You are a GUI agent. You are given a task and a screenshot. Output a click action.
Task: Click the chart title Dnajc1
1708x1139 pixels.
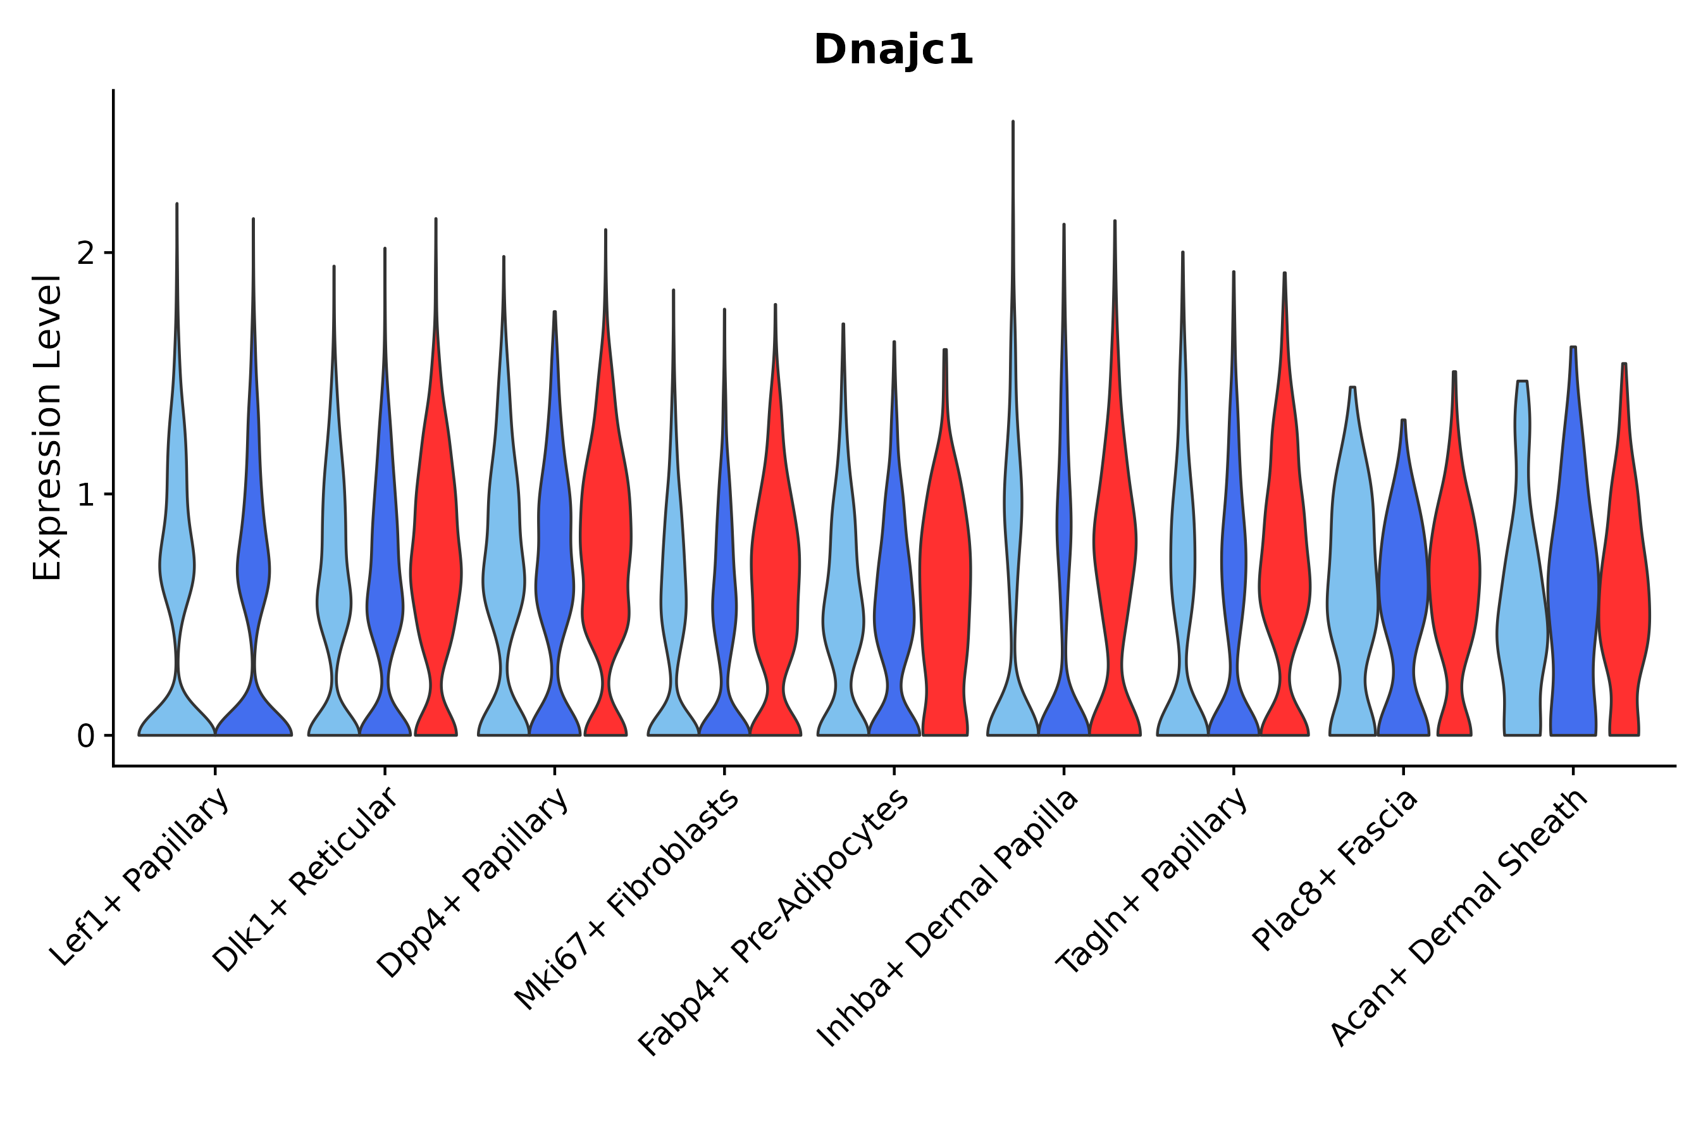(893, 50)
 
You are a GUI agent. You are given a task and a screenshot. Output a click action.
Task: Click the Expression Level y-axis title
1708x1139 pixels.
(47, 428)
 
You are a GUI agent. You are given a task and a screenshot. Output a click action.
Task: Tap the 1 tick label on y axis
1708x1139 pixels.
(85, 495)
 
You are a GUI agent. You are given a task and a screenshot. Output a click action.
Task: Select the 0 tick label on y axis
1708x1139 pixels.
(85, 737)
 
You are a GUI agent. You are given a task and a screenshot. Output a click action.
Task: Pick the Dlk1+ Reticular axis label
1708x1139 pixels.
(305, 880)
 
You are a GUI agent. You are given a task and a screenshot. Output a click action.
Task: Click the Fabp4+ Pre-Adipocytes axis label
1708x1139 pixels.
(774, 923)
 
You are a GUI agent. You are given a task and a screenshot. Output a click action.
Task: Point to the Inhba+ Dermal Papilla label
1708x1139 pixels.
(948, 919)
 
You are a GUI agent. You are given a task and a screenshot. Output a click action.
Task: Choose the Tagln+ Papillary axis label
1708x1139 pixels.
(1152, 882)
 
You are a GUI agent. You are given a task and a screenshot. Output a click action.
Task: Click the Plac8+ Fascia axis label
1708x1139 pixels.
(1335, 869)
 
